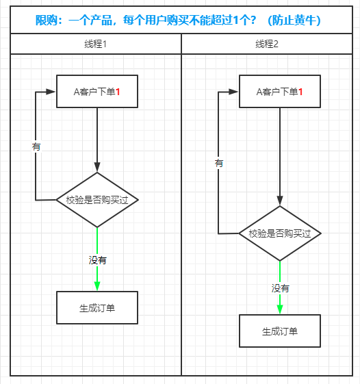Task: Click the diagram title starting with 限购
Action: pyautogui.click(x=179, y=21)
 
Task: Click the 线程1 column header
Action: pyautogui.click(x=95, y=44)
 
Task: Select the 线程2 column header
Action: pyautogui.click(x=270, y=44)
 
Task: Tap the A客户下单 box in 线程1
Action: pyautogui.click(x=97, y=91)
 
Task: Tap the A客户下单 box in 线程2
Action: pyautogui.click(x=279, y=91)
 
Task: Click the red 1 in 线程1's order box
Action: pyautogui.click(x=118, y=91)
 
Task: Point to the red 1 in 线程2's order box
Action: pyautogui.click(x=300, y=91)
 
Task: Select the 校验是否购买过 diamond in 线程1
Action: pyautogui.click(x=97, y=200)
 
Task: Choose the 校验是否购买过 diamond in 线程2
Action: pyautogui.click(x=279, y=233)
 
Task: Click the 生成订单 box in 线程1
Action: pyautogui.click(x=97, y=308)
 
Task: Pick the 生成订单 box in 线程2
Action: pyautogui.click(x=279, y=331)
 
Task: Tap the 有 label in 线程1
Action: pyautogui.click(x=36, y=146)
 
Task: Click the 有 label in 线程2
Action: pyautogui.click(x=218, y=163)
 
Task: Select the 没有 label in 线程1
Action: pyautogui.click(x=97, y=260)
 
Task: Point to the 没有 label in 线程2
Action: pyautogui.click(x=280, y=288)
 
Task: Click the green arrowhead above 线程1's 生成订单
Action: pyautogui.click(x=97, y=286)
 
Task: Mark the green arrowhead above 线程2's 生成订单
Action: pyautogui.click(x=280, y=309)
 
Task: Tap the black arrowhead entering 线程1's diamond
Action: pyautogui.click(x=97, y=167)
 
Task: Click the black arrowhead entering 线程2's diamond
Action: pyautogui.click(x=279, y=201)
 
